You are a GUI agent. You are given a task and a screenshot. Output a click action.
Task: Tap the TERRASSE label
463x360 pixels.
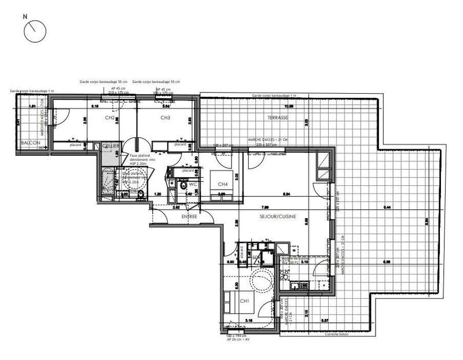(x=278, y=117)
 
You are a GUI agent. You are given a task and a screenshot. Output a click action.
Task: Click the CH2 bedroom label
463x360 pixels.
(x=109, y=117)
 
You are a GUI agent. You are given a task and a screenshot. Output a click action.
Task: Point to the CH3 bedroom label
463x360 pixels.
(x=165, y=117)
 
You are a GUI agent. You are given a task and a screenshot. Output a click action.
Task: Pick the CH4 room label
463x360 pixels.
(x=222, y=185)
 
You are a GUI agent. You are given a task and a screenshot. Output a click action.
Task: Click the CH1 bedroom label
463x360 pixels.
(x=244, y=302)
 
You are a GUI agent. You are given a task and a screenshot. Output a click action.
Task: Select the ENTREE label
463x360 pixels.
(x=190, y=216)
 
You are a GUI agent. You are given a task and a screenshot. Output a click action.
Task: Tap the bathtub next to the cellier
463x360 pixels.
(x=110, y=179)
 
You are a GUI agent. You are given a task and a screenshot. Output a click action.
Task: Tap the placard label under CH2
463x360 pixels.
(x=75, y=145)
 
